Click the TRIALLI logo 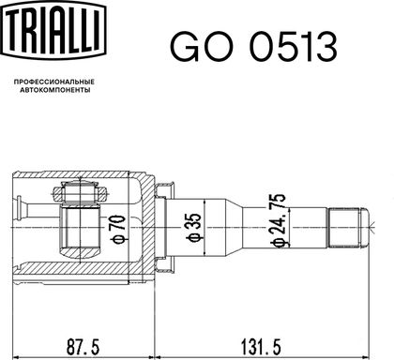pos(53,30)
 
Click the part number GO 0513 pos(253,47)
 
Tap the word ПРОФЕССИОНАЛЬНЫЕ pos(54,82)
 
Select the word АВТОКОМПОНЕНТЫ pos(55,90)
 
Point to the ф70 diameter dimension pos(118,229)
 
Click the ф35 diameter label pos(194,228)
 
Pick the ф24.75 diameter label pos(278,220)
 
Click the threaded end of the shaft pos(344,228)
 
